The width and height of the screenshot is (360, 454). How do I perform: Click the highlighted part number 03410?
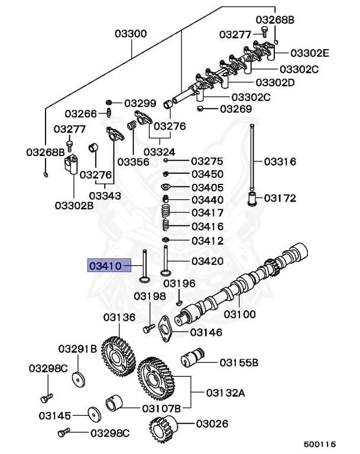click(105, 265)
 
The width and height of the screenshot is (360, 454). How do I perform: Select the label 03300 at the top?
click(131, 33)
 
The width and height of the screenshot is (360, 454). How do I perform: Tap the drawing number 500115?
click(320, 444)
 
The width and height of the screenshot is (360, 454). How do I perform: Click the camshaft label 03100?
click(240, 314)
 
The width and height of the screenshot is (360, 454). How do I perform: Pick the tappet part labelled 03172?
click(252, 199)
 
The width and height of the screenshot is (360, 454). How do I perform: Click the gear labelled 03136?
click(118, 356)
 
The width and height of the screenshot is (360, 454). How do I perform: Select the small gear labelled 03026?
click(163, 428)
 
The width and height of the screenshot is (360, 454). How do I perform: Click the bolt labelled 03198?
click(149, 328)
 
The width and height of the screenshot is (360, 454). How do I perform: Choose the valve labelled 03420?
click(166, 261)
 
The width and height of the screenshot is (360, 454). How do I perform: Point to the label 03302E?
click(310, 53)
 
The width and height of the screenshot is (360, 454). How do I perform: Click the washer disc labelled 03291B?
click(79, 380)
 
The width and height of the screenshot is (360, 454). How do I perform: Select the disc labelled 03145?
click(95, 414)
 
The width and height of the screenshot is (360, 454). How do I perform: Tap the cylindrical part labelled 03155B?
click(193, 357)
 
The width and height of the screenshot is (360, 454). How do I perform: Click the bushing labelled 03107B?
click(113, 403)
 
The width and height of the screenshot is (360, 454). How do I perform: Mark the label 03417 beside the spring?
click(207, 213)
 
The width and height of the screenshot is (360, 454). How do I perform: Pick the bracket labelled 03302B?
click(72, 164)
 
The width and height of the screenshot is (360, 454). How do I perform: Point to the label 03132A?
click(226, 393)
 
